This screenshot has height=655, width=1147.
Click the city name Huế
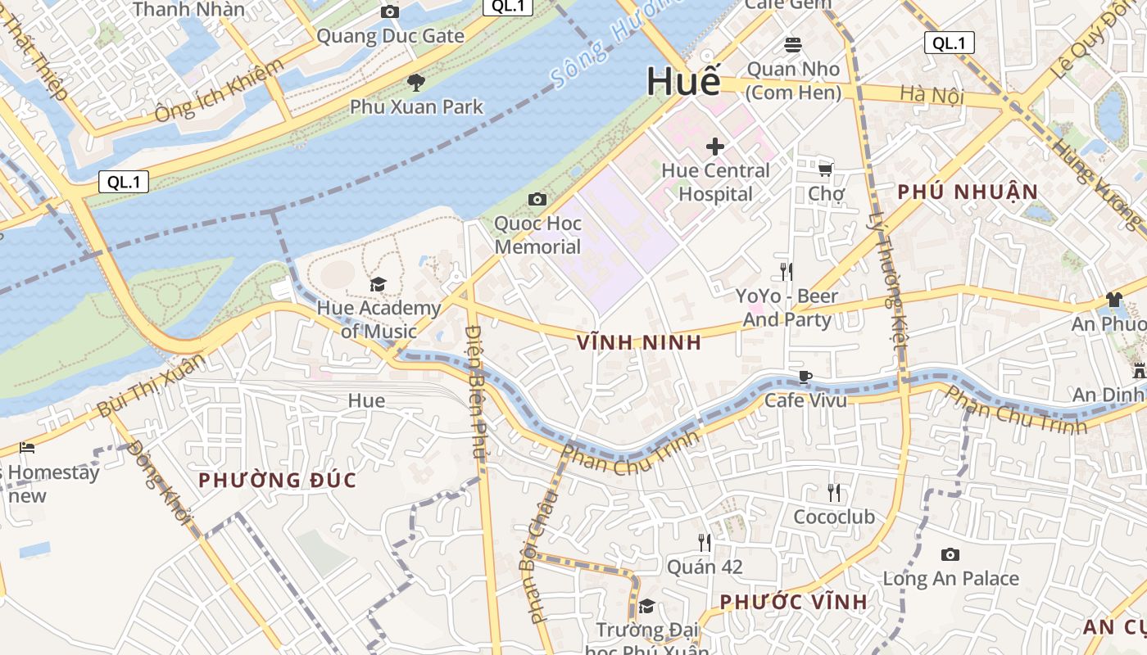pyautogui.click(x=683, y=82)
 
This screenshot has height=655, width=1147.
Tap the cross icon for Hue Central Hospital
pyautogui.click(x=715, y=147)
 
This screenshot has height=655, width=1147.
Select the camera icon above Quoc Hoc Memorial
pyautogui.click(x=537, y=199)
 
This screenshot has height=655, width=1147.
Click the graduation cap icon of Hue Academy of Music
pyautogui.click(x=378, y=284)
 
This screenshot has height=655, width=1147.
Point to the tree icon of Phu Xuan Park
pyautogui.click(x=416, y=82)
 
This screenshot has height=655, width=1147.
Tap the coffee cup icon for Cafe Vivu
pyautogui.click(x=805, y=377)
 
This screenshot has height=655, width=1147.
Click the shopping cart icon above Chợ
pyautogui.click(x=826, y=169)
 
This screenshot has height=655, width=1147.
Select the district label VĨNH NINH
pyautogui.click(x=639, y=343)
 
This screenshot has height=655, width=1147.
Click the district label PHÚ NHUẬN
pyautogui.click(x=968, y=192)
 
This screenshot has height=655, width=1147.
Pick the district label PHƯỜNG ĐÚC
pyautogui.click(x=278, y=481)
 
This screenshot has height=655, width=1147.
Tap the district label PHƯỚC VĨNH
pyautogui.click(x=793, y=603)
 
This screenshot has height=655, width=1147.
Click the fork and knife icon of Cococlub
pyautogui.click(x=834, y=493)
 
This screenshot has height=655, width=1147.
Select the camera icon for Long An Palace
pyautogui.click(x=950, y=555)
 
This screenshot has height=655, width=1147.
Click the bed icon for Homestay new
pyautogui.click(x=27, y=448)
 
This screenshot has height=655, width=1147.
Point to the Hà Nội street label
pyautogui.click(x=932, y=95)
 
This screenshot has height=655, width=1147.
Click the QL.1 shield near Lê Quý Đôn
pyautogui.click(x=950, y=43)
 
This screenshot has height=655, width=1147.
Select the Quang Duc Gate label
pyautogui.click(x=390, y=36)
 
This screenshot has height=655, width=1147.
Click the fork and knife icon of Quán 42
pyautogui.click(x=704, y=542)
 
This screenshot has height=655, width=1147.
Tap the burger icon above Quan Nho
pyautogui.click(x=792, y=44)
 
